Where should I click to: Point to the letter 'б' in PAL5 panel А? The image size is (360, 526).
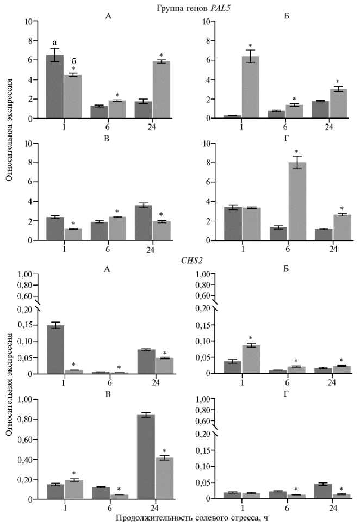tap(73, 60)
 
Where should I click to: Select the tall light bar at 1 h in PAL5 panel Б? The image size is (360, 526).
tap(250, 87)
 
